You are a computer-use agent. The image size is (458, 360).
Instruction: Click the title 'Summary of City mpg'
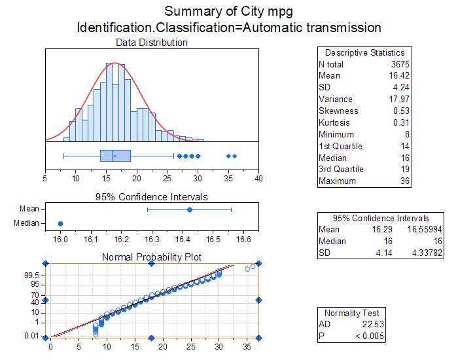[229, 11]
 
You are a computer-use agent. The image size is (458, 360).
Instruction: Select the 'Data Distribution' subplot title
[152, 43]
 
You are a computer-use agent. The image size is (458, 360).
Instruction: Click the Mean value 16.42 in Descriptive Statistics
[398, 76]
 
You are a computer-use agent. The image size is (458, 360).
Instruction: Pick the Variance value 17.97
[398, 99]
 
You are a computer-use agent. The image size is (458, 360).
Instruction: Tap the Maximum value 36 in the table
[404, 181]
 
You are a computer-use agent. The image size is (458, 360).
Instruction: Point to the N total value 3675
[398, 64]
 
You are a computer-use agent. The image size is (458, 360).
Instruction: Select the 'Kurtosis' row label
[334, 123]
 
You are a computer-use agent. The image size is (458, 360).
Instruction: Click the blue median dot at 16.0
[61, 223]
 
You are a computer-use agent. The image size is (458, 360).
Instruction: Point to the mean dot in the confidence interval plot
[190, 209]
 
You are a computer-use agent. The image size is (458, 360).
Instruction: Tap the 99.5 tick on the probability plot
[33, 276]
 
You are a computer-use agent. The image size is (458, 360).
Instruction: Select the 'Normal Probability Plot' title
[152, 257]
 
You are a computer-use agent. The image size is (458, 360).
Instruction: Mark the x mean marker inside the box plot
[114, 156]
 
